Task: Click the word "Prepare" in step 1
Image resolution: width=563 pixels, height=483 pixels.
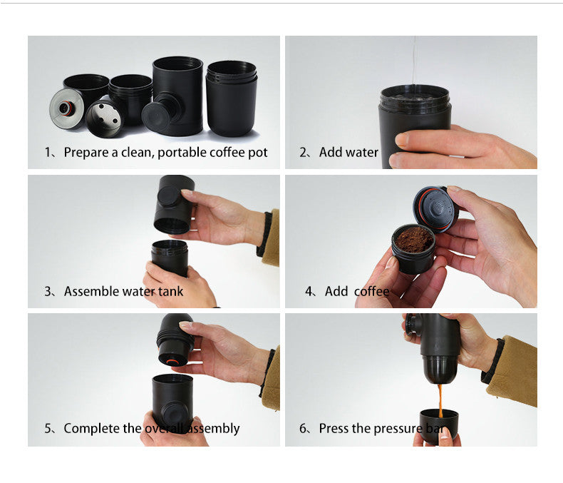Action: coord(85,152)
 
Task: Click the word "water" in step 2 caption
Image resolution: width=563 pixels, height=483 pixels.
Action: coord(361,152)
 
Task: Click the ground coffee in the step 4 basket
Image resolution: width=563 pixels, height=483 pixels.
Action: coord(413,240)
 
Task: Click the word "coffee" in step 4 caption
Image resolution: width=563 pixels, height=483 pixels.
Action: coord(371,291)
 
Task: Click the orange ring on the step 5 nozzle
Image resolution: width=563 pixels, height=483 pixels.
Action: coord(171,360)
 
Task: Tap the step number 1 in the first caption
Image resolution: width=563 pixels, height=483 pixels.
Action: coord(48,152)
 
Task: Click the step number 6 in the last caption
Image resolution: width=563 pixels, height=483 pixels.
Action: coord(303,429)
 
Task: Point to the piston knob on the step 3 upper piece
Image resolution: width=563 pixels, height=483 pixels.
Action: coord(168,197)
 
